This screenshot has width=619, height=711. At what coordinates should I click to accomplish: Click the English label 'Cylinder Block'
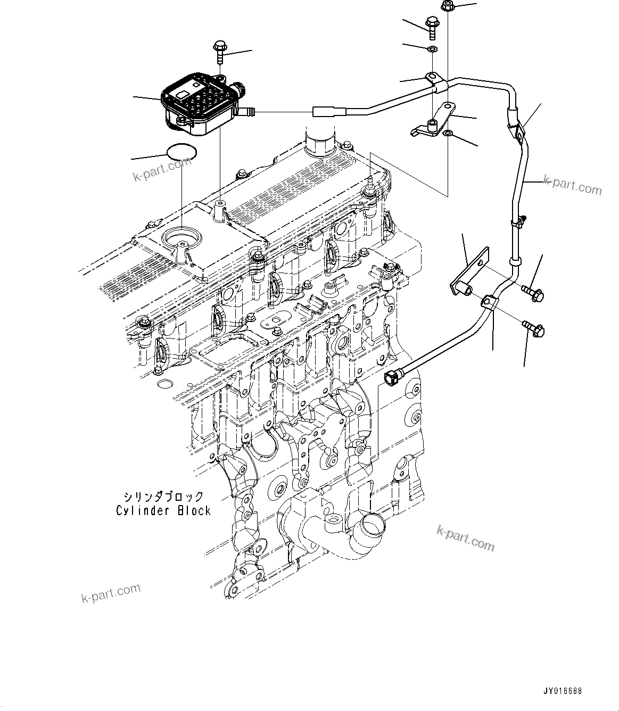tap(163, 510)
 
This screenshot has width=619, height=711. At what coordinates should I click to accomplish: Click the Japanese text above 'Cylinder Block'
tap(163, 497)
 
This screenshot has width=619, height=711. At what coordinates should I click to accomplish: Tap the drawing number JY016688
tap(563, 691)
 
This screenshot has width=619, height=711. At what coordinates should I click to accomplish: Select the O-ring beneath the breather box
tap(181, 153)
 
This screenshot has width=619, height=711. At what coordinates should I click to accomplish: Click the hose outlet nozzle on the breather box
tap(248, 112)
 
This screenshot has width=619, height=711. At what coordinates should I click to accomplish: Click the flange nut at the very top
tap(447, 7)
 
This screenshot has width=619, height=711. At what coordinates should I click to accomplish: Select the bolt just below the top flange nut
tap(432, 27)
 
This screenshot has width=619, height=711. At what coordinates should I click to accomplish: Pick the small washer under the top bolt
tap(433, 49)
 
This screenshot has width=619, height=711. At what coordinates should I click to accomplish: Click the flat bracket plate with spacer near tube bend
tap(469, 273)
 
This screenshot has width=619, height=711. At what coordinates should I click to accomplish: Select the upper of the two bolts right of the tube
tap(531, 292)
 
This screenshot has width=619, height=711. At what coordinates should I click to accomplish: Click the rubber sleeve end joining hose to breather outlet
tap(323, 112)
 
